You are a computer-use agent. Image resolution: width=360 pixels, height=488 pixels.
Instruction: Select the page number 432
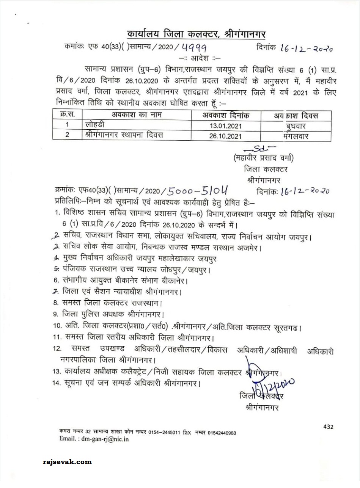tap(329, 427)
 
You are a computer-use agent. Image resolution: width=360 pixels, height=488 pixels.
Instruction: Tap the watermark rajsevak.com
tap(67, 462)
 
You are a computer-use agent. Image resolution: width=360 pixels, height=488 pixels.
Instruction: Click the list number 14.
tap(57, 383)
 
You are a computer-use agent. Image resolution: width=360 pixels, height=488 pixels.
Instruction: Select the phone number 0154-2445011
tap(163, 432)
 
